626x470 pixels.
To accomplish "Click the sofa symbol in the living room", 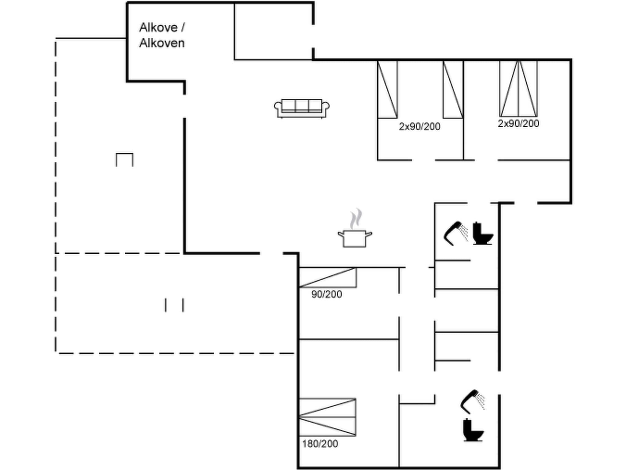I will click(x=302, y=109).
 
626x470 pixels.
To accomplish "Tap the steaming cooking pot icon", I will click(x=355, y=238).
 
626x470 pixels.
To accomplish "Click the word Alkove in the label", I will click(x=158, y=28).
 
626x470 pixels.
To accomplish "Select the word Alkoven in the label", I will click(x=162, y=43).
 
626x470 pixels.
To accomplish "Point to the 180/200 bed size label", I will click(x=320, y=444).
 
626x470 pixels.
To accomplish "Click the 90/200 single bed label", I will click(x=326, y=294).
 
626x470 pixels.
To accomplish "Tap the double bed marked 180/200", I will click(x=327, y=417).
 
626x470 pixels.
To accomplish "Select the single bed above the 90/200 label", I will click(x=327, y=278).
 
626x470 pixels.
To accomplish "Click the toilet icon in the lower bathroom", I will click(x=473, y=430).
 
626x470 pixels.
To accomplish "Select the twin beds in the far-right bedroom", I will click(x=518, y=89).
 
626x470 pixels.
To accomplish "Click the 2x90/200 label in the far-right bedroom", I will click(x=518, y=124).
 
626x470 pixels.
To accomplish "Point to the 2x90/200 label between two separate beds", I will click(x=419, y=127).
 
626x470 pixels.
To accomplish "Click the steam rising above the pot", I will click(x=355, y=219).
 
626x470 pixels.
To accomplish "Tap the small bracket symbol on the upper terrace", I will click(x=124, y=159).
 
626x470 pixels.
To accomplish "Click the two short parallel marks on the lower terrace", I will click(x=174, y=305).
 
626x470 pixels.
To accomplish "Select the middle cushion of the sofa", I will click(x=302, y=106).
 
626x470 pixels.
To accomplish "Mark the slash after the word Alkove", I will click(x=183, y=28).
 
